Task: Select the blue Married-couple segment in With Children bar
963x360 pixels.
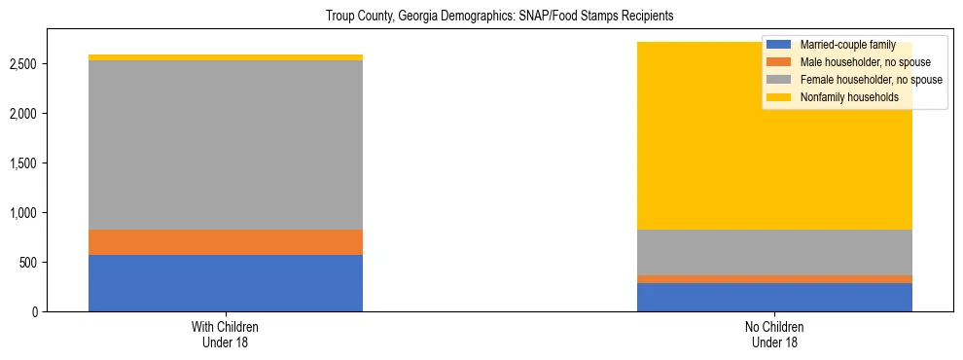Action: click(x=226, y=283)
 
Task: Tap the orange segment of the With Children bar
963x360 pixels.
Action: click(x=226, y=242)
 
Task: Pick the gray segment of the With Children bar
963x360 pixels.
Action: click(x=226, y=145)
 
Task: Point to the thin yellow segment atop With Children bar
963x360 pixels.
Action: click(x=226, y=57)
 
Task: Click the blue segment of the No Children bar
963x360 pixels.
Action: click(x=774, y=297)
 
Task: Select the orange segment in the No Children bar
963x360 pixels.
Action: click(x=774, y=279)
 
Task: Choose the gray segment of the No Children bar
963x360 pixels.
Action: click(x=774, y=252)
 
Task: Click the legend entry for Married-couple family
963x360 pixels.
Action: click(x=847, y=45)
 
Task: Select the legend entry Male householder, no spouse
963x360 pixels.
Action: click(x=864, y=62)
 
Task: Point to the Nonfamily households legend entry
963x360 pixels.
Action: click(x=849, y=97)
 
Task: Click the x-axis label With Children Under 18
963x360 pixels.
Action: click(x=226, y=334)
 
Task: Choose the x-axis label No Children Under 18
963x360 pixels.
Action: click(x=774, y=334)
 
